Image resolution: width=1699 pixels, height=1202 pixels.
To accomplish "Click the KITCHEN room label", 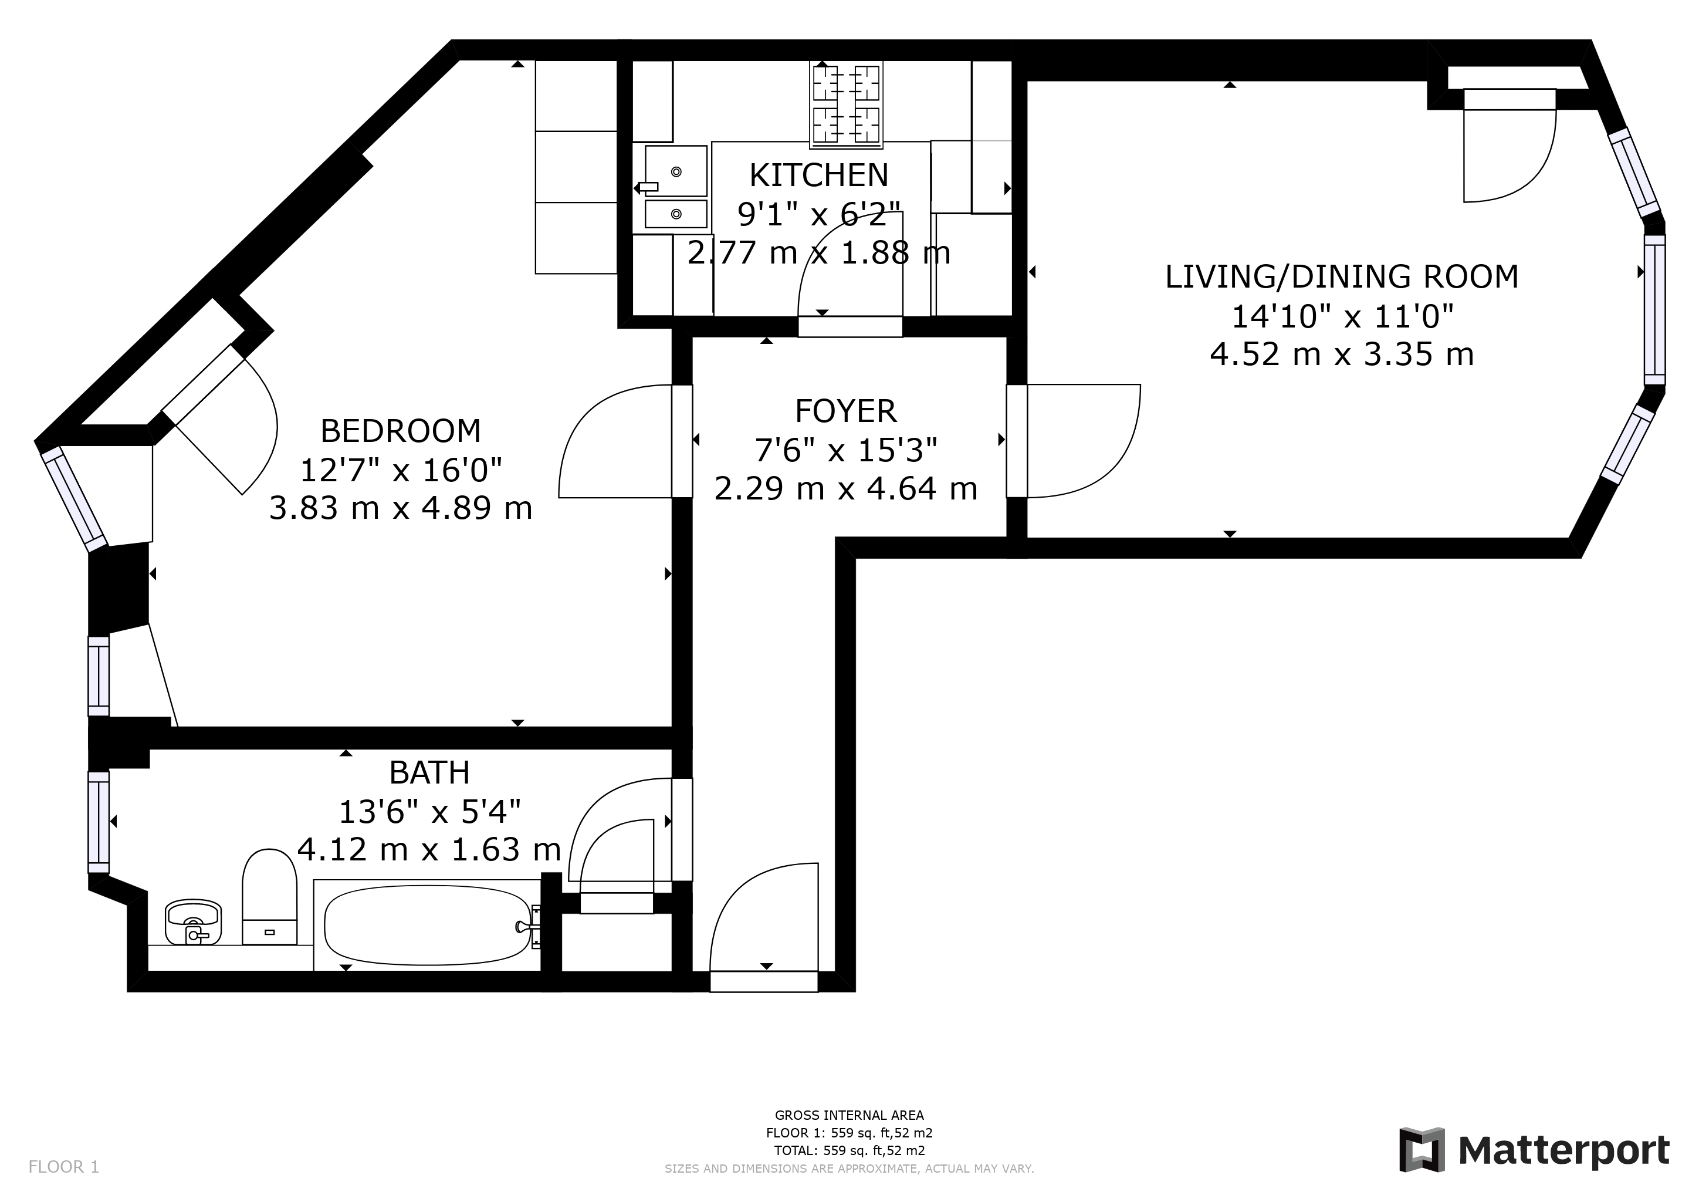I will tap(818, 175).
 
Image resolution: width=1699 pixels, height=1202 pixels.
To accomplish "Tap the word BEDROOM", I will tap(400, 431).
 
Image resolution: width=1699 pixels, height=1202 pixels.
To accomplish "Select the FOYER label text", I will tap(846, 411).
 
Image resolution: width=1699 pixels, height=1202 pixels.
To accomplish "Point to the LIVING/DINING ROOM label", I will tap(1342, 277).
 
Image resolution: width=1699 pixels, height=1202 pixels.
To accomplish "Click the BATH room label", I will tap(429, 773).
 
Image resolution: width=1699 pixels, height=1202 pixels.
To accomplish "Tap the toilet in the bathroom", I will tap(269, 897).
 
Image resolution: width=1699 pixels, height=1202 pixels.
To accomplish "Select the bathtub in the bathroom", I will tap(428, 926).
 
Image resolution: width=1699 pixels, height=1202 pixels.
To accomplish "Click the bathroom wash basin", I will tap(193, 921).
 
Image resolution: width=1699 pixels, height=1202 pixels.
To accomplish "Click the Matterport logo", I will tap(1534, 1150).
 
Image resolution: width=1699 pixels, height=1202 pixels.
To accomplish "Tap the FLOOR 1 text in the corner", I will tap(63, 1167).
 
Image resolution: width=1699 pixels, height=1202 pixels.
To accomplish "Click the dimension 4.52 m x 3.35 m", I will tap(1342, 354).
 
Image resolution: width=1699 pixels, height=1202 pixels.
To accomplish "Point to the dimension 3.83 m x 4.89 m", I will tap(400, 508).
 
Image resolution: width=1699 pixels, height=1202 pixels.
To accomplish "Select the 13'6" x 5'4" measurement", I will tap(429, 812).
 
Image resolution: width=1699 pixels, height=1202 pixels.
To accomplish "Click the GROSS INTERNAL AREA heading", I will tap(849, 1115).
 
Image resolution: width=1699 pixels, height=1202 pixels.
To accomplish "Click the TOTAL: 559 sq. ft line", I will tap(849, 1150).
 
